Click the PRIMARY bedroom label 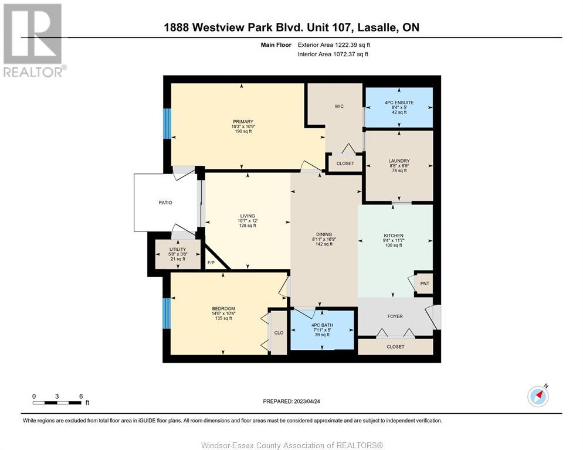243,121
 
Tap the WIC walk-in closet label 339,106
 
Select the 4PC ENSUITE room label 399,103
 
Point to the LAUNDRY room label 399,161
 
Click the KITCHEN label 394,236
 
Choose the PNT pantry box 424,283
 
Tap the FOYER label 395,316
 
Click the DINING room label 324,234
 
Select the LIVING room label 248,216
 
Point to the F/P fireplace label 211,263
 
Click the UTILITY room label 178,250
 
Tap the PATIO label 165,203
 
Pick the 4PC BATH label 323,325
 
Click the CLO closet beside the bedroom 279,333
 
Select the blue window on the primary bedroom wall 167,124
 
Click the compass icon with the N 538,396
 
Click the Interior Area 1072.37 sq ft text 333,54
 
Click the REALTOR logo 33,40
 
